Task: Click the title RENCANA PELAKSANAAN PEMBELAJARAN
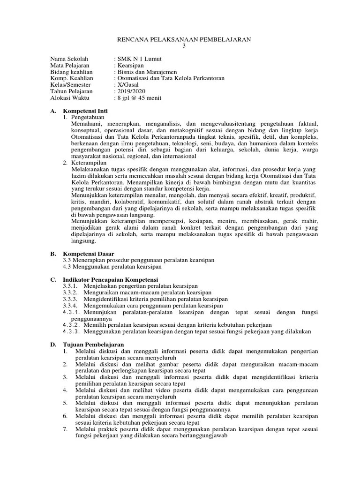pos(184,40)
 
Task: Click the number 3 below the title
pos(184,46)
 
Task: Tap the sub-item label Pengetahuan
pos(88,117)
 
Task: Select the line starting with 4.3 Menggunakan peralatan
pos(112,266)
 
